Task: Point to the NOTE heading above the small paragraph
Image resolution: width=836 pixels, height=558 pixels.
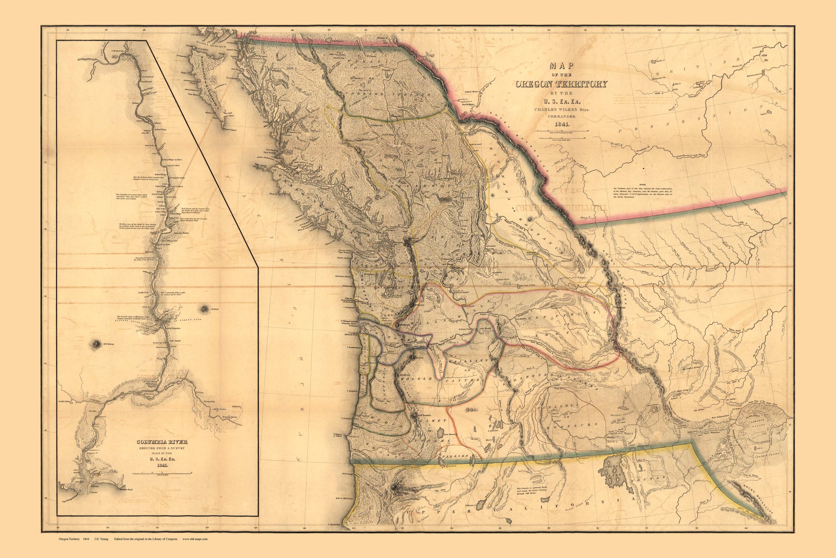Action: click(642, 185)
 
